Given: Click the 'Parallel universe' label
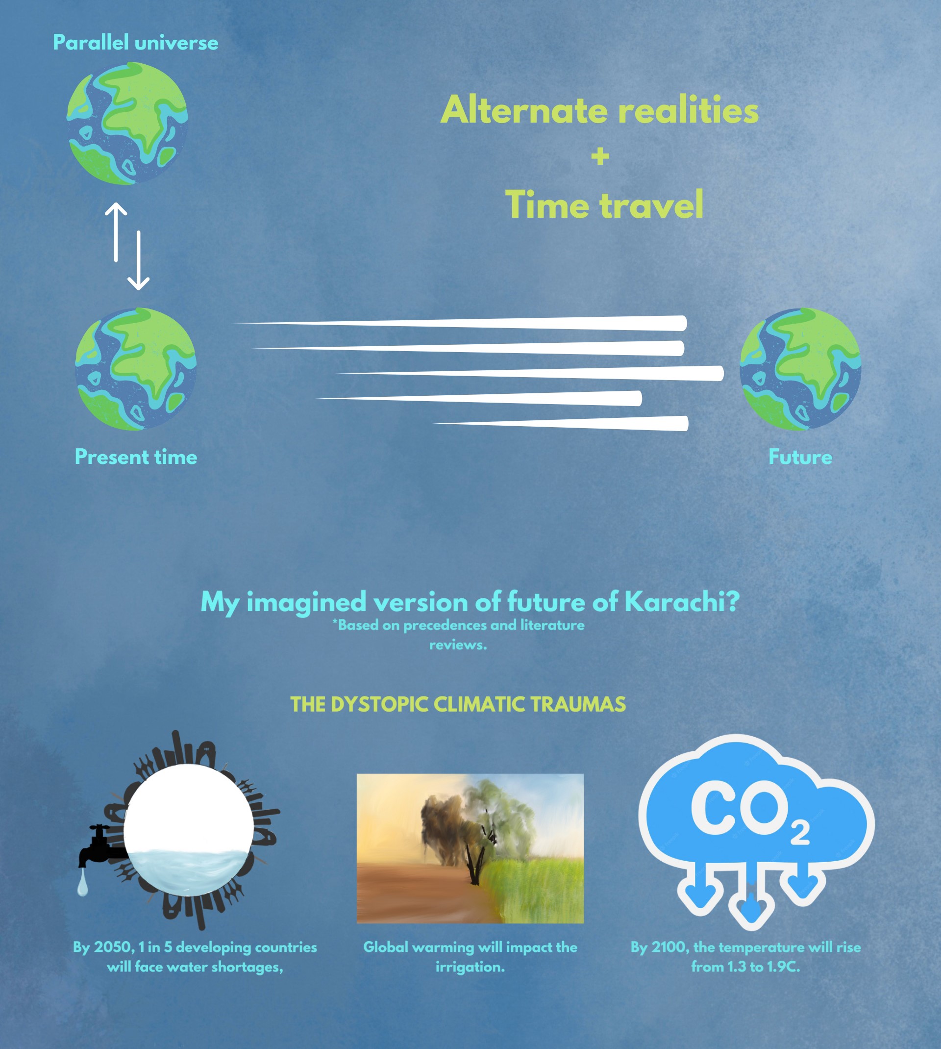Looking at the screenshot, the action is [x=135, y=42].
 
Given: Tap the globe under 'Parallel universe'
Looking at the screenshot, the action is [x=127, y=124].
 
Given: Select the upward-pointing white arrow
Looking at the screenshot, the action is [x=116, y=232].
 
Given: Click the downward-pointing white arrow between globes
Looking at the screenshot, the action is [x=139, y=260].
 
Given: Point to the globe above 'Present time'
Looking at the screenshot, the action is [x=135, y=369].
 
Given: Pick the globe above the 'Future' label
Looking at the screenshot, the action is [x=800, y=369].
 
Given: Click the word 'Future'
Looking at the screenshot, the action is [x=800, y=457].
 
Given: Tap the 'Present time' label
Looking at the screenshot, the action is [x=136, y=457].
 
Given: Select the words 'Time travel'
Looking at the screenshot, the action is [x=604, y=205].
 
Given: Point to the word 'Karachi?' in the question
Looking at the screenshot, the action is [x=682, y=602].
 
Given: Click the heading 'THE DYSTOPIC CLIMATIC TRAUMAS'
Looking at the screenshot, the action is [x=458, y=705].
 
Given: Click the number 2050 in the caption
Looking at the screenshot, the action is [x=113, y=947].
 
